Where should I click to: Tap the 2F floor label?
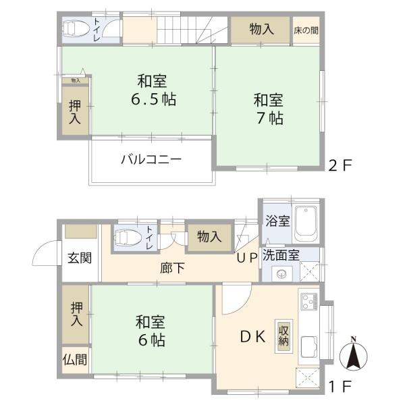tap(340, 165)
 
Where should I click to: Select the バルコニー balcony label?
tap(151, 161)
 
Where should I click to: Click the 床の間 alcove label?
tap(306, 30)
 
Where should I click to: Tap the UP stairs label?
tap(246, 256)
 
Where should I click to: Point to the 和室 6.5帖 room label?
tap(153, 90)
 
